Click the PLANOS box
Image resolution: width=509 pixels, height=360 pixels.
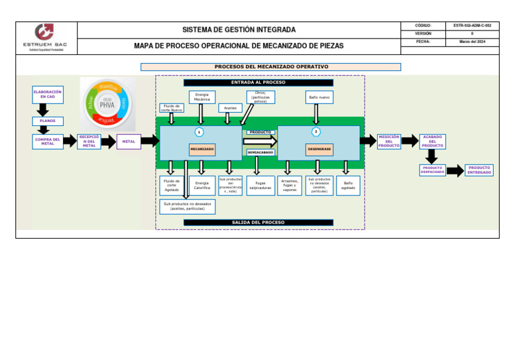(x=48, y=121)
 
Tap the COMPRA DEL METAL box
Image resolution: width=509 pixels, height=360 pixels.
(x=48, y=142)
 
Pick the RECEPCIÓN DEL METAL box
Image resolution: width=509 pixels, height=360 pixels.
(x=89, y=142)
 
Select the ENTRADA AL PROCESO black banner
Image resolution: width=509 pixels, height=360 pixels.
(x=258, y=82)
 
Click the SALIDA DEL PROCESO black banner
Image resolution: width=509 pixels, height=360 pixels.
(x=258, y=223)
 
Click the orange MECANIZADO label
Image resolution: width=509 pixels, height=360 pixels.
(x=202, y=149)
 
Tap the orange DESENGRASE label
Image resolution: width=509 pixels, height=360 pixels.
(x=319, y=149)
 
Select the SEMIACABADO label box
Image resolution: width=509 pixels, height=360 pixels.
(x=260, y=152)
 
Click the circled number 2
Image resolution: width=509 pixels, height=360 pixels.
(x=316, y=131)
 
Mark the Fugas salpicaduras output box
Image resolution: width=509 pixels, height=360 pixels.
(x=260, y=186)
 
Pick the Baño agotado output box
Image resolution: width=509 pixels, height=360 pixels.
(x=348, y=186)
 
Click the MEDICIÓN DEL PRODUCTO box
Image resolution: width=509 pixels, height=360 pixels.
(x=389, y=141)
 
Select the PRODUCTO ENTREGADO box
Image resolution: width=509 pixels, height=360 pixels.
(x=479, y=170)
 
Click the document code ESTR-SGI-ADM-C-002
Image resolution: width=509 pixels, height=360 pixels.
(x=473, y=25)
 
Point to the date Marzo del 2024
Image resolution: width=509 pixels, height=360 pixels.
(x=473, y=42)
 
